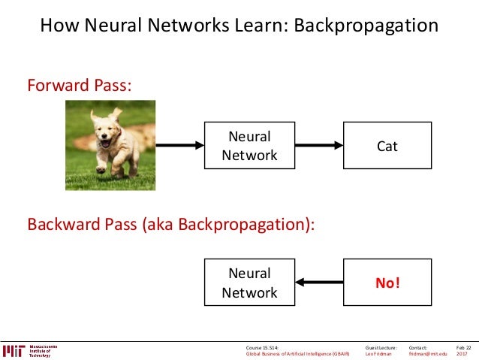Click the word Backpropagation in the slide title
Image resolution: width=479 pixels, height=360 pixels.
pos(366,26)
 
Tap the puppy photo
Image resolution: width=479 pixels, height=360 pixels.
pos(110,144)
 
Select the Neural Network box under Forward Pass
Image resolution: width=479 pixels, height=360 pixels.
pos(249,146)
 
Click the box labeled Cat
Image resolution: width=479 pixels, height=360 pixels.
pos(387,146)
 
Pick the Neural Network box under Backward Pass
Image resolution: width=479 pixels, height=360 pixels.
pos(249,282)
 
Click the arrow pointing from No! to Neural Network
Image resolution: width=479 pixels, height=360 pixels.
pos(318,282)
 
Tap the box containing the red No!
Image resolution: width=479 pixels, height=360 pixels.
pos(387,282)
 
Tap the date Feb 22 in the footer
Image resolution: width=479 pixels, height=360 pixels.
pos(462,347)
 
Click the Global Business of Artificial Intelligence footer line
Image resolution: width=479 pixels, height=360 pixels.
pos(298,354)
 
